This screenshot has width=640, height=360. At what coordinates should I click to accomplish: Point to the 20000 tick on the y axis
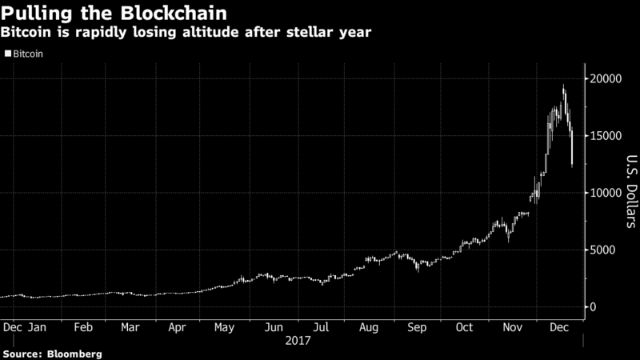pos(606,79)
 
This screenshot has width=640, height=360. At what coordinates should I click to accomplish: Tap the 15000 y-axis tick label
pos(606,136)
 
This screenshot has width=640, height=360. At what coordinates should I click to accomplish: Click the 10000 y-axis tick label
pos(606,193)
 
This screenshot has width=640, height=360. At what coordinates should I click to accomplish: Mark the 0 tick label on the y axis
pos(595,307)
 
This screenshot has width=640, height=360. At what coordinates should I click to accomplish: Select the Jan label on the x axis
pos(37,327)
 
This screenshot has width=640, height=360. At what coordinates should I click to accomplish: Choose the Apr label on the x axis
pos(178,327)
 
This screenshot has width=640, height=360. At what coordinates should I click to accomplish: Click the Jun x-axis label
pos(274,327)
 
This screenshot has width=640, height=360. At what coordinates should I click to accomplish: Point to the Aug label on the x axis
pos(370,327)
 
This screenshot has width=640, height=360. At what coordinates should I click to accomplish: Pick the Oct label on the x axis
pos(465,327)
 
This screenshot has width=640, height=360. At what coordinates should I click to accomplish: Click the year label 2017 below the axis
pos(298,340)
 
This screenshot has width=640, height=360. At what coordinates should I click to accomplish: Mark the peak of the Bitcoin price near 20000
pos(564,86)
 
